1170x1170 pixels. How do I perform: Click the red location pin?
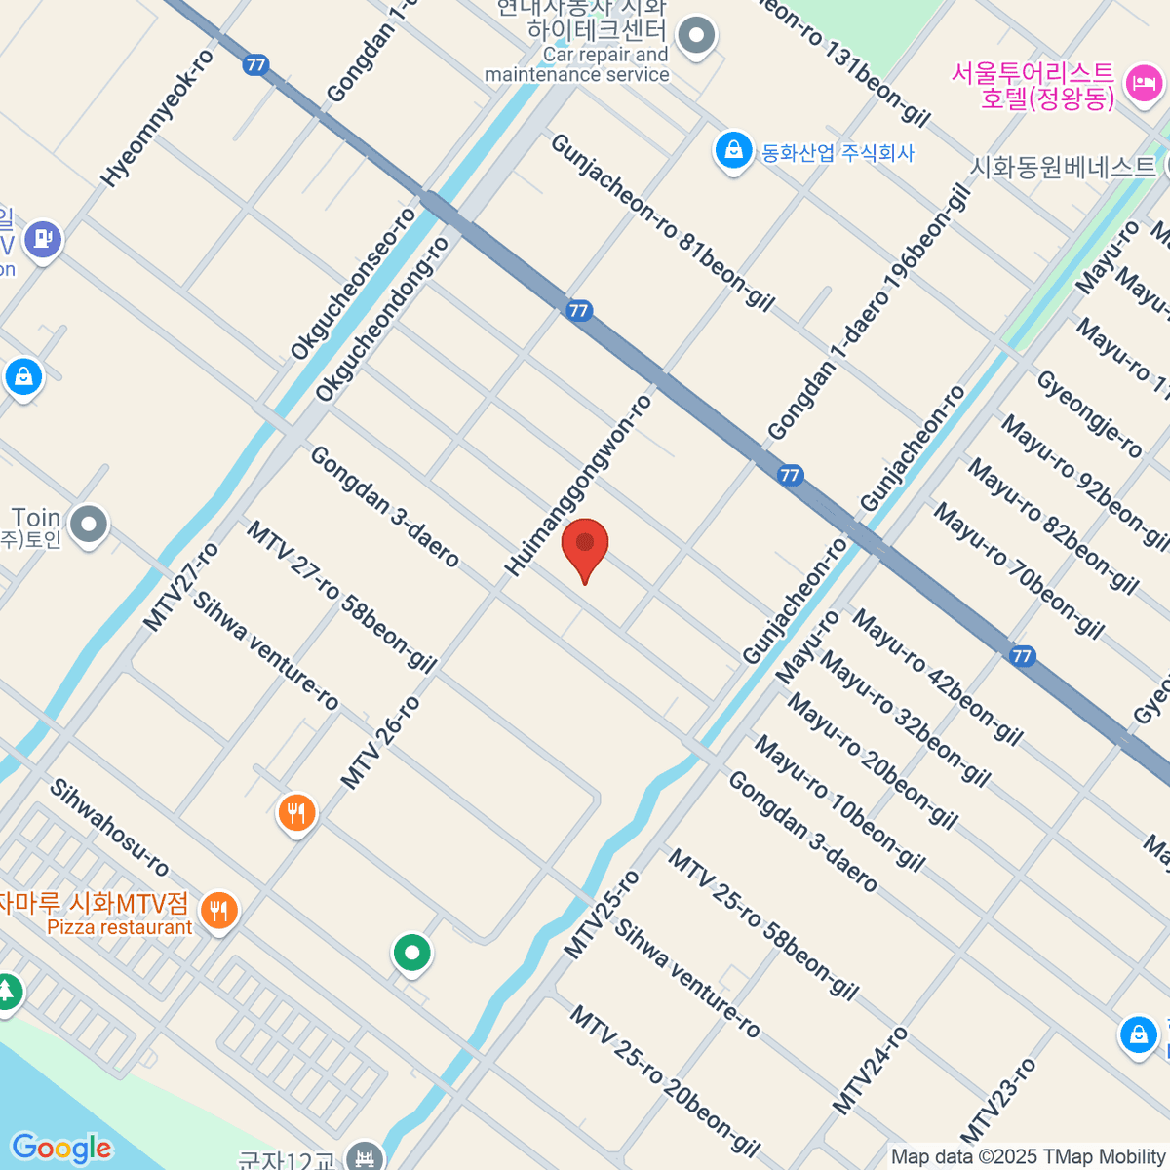point(585,546)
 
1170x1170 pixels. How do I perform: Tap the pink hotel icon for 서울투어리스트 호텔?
point(1142,84)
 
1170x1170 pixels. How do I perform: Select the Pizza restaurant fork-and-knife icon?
point(218,912)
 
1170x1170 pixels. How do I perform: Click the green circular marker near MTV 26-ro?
point(411,953)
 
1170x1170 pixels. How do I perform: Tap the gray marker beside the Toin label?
point(89,525)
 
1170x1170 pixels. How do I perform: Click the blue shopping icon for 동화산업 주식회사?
point(732,150)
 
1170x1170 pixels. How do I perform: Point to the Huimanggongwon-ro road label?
point(578,486)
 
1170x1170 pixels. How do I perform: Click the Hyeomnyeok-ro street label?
point(157,119)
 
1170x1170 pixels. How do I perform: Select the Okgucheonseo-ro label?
point(353,284)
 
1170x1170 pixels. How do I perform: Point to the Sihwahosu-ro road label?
point(109,828)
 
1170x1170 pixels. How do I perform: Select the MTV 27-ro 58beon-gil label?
point(340,597)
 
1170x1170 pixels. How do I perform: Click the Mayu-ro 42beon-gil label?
point(937,678)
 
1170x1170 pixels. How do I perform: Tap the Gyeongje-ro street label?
point(1088,414)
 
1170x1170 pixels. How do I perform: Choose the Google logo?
point(61,1149)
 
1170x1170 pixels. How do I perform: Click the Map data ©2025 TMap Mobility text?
point(1029,1157)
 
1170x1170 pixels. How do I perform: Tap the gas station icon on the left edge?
point(42,237)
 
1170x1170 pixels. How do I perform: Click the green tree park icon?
point(8,993)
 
